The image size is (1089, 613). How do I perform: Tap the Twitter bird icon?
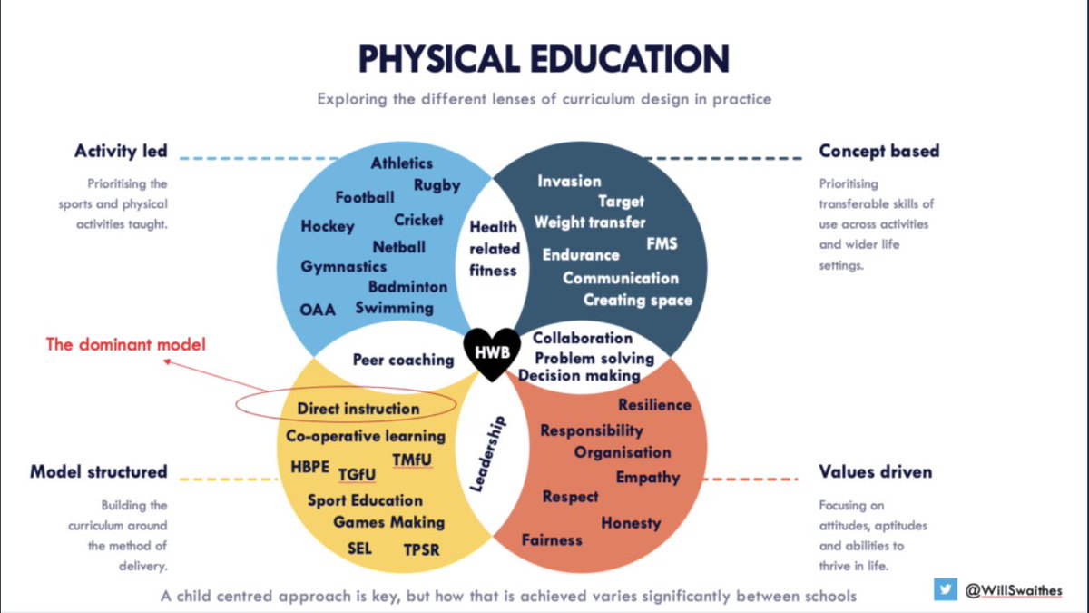pos(946,589)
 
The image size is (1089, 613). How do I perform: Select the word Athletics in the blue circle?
pos(401,163)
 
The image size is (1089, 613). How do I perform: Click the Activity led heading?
pos(121,151)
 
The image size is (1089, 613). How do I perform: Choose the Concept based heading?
pos(878,151)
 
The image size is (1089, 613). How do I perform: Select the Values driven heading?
pos(876,472)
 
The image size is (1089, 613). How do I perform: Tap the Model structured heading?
pos(99,472)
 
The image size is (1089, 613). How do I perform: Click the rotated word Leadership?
pos(487,455)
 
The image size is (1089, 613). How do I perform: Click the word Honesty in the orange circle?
pos(631,523)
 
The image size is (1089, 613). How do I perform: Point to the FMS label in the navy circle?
pos(662,243)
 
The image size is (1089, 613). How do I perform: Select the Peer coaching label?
pos(403,360)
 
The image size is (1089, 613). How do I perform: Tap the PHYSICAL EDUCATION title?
pos(544,59)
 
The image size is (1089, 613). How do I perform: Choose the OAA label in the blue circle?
pos(318,310)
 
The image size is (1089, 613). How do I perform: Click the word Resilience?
pos(654,405)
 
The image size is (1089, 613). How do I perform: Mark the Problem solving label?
pos(594,358)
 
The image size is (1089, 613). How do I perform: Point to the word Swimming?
pos(394,308)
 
